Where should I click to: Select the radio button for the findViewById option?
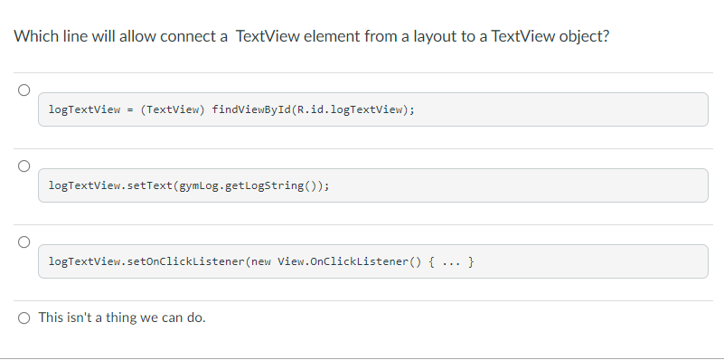(x=24, y=90)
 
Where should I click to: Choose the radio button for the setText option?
(x=24, y=166)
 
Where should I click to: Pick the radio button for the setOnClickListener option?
(x=24, y=242)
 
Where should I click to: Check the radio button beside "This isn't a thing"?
(x=24, y=317)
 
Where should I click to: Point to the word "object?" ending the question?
(x=584, y=37)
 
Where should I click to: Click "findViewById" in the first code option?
(x=246, y=109)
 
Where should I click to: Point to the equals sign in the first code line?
(x=130, y=109)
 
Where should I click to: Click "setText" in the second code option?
(x=150, y=186)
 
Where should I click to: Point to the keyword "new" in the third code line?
(x=259, y=262)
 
